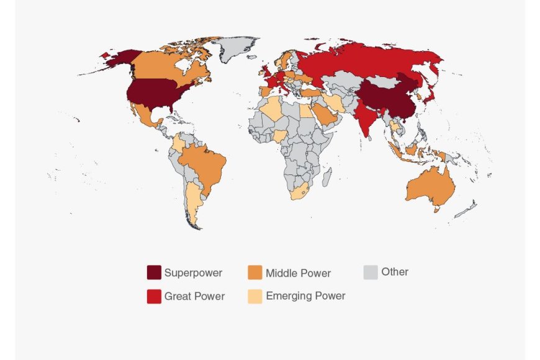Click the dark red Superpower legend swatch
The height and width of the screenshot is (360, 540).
click(154, 272)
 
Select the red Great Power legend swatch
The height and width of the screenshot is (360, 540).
click(154, 297)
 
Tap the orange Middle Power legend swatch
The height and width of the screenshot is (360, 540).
click(254, 272)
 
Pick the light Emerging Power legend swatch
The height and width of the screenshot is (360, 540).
click(254, 296)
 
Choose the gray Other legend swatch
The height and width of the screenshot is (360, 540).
click(371, 272)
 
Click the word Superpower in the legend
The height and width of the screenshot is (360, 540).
click(193, 272)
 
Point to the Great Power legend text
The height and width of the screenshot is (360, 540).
click(194, 297)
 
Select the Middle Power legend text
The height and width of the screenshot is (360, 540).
click(298, 273)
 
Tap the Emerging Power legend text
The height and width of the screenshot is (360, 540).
click(305, 296)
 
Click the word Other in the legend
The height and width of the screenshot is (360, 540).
click(395, 272)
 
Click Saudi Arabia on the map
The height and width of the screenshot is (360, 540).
click(324, 115)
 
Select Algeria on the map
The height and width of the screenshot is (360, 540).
click(272, 110)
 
